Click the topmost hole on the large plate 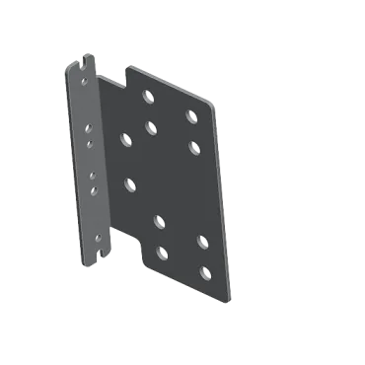(x=148, y=97)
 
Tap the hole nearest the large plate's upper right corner (x=191, y=116)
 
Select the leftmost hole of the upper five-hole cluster (x=126, y=139)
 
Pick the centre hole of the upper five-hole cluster (x=151, y=126)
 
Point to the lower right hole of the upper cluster (x=193, y=146)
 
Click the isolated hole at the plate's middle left (x=130, y=182)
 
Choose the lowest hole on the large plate (x=205, y=271)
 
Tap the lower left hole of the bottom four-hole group (x=162, y=254)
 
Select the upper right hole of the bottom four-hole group (x=202, y=241)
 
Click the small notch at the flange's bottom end (x=101, y=258)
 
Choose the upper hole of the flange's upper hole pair (x=89, y=127)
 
